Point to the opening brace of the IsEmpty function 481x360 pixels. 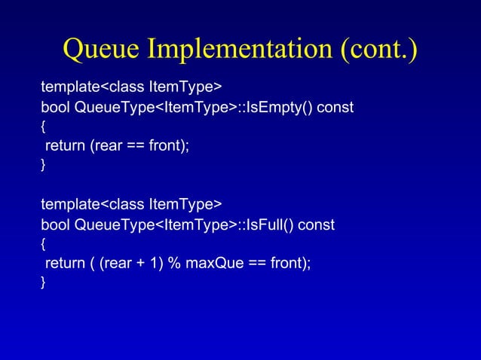pyautogui.click(x=43, y=127)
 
